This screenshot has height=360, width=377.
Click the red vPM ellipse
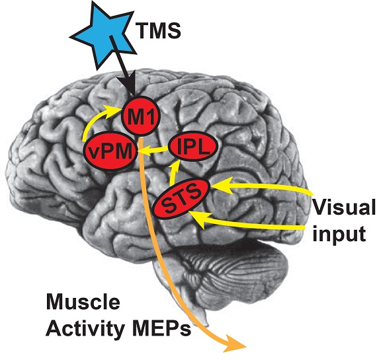tap(110, 153)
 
